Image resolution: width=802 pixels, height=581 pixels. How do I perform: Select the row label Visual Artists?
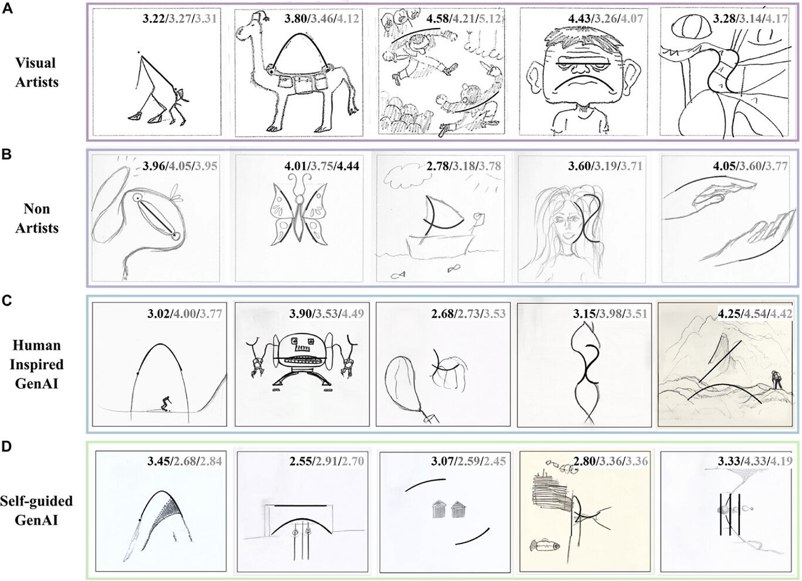coord(36,72)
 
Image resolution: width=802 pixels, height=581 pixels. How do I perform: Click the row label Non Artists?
coord(36,218)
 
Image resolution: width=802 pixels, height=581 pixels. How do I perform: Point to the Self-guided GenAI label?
coord(36,510)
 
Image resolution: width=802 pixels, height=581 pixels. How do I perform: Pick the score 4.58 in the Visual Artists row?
coord(438,19)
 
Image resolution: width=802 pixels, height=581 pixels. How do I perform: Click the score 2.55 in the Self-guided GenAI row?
coord(301,461)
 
